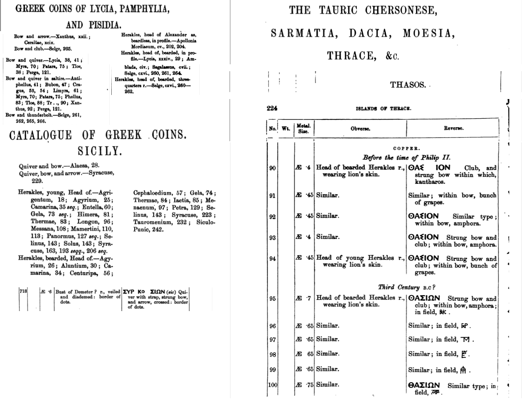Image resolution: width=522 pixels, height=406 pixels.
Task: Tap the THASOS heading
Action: [x=408, y=85]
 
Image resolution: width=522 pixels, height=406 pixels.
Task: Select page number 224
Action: [x=272, y=108]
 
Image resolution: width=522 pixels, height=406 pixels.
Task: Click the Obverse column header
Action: [x=360, y=129]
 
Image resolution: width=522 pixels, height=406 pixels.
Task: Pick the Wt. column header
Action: [x=286, y=129]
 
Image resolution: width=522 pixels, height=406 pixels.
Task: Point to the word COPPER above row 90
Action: [x=406, y=149]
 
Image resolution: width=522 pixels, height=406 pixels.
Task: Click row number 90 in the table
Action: [x=272, y=168]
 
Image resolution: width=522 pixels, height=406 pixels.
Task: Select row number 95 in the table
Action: [x=272, y=298]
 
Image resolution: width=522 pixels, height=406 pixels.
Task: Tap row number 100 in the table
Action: [x=272, y=385]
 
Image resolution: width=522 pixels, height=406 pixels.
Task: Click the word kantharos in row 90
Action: [x=428, y=182]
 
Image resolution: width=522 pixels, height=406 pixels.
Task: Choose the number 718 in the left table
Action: [x=23, y=291]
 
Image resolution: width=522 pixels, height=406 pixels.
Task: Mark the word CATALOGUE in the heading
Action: [x=40, y=135]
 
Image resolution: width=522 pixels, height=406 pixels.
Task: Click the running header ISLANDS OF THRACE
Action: [x=383, y=108]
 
